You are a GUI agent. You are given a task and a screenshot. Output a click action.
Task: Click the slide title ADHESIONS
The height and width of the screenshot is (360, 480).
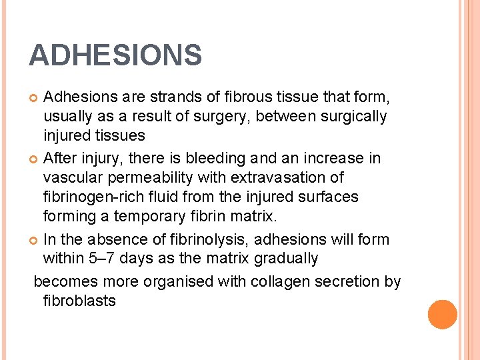point(115,55)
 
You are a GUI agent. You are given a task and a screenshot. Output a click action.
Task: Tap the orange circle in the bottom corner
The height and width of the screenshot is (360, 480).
point(443,314)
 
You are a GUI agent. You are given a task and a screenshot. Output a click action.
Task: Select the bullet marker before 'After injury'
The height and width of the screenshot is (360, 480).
point(35,159)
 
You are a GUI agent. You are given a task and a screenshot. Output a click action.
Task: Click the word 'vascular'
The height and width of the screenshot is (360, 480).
point(71,177)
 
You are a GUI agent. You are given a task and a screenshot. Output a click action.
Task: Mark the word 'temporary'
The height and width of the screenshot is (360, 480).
point(147,217)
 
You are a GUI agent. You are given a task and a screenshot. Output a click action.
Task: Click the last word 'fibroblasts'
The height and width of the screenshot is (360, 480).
point(79,301)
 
